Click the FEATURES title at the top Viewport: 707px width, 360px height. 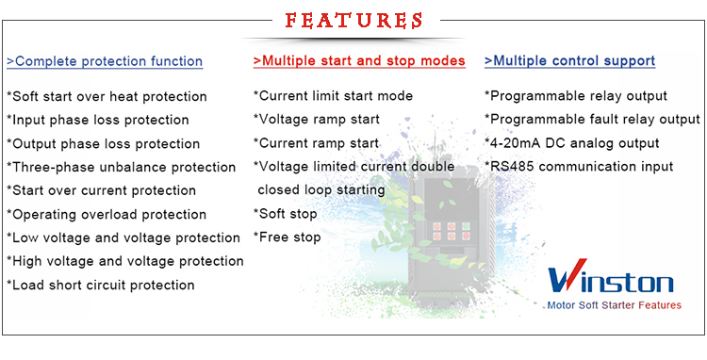353,20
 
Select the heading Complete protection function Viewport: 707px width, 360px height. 105,61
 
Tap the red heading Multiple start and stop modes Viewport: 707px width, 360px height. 359,61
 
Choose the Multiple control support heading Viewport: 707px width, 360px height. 570,61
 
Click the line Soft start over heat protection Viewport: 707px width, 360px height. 107,96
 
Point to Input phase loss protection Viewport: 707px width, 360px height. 98,120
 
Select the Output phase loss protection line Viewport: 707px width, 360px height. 104,143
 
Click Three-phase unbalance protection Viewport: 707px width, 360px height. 122,167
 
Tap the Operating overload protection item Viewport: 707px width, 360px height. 107,214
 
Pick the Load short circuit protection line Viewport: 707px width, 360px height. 101,285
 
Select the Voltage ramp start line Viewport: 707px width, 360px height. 317,120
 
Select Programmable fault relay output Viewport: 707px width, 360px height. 593,120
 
